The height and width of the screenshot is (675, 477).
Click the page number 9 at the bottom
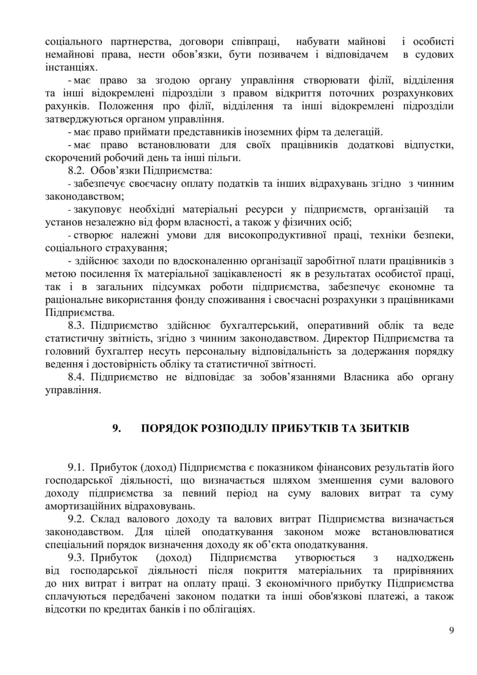click(451, 630)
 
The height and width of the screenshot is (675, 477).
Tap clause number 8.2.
click(76, 170)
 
